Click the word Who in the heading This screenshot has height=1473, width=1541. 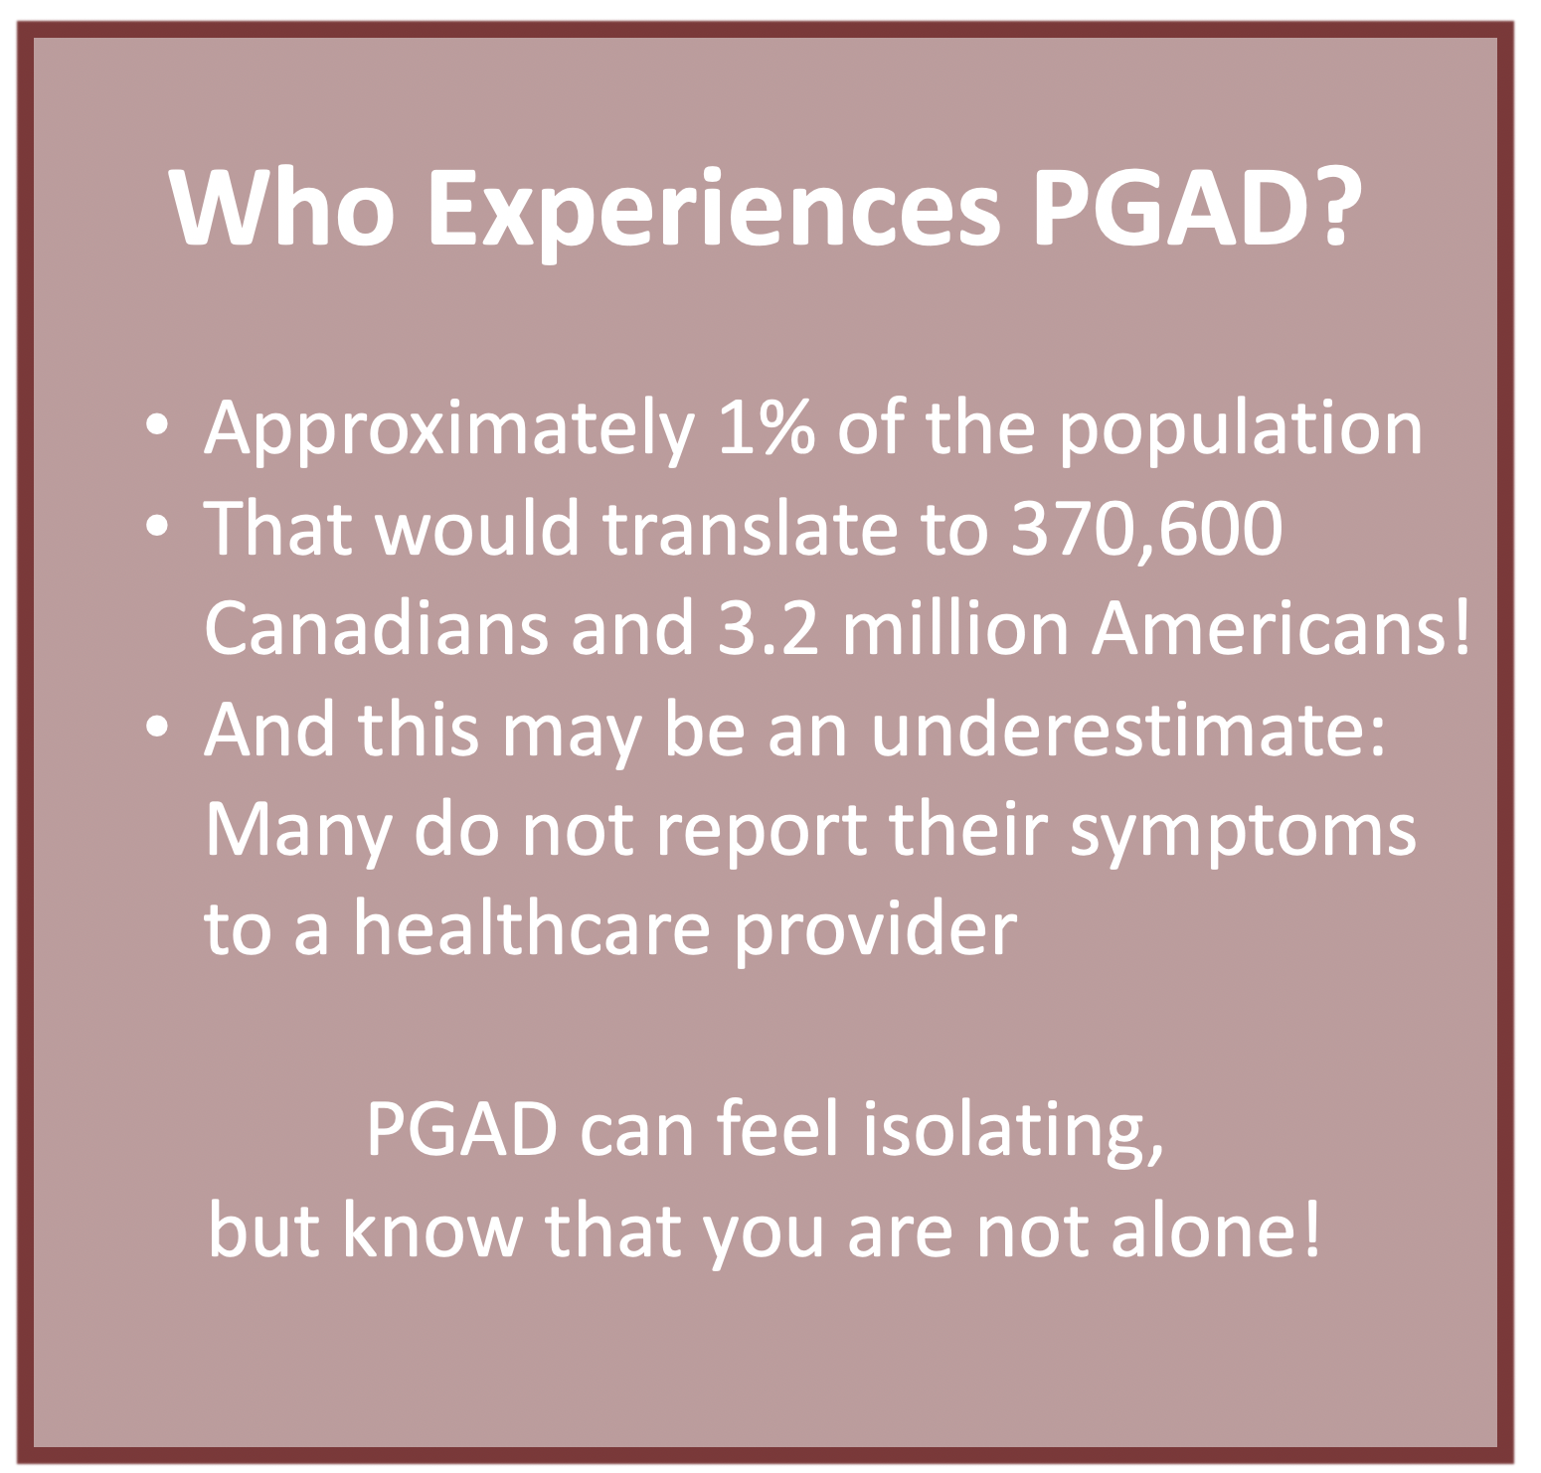[x=282, y=208]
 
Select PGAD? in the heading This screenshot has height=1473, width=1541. [x=1190, y=208]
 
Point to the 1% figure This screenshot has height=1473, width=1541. [x=763, y=428]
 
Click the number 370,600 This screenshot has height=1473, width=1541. [x=1147, y=530]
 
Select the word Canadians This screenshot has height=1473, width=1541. [x=376, y=628]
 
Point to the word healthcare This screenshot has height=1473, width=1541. [x=532, y=928]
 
